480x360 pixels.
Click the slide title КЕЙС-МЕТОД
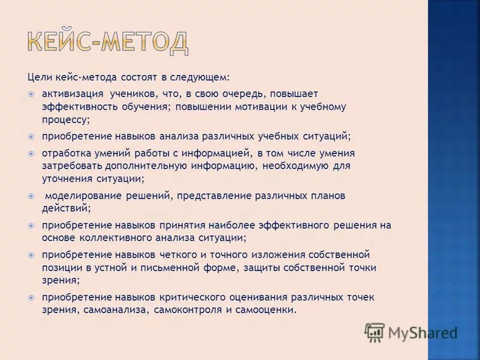108,41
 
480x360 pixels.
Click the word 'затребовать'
72,166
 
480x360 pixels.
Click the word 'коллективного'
110,238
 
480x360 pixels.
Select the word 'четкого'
181,255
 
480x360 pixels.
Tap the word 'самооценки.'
269,310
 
